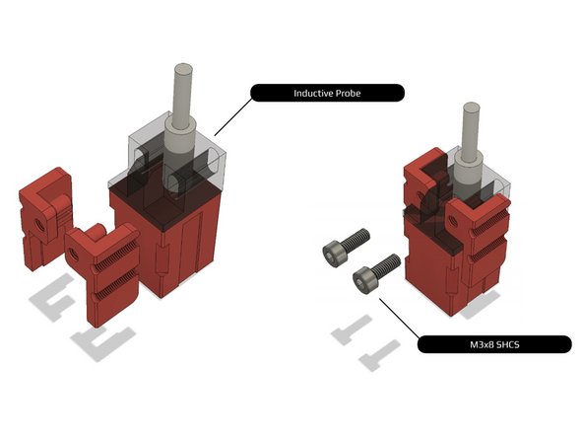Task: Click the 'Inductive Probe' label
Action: (x=327, y=94)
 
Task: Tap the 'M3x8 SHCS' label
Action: (x=493, y=344)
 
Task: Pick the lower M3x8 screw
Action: (x=375, y=271)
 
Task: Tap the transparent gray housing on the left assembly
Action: (x=182, y=158)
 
